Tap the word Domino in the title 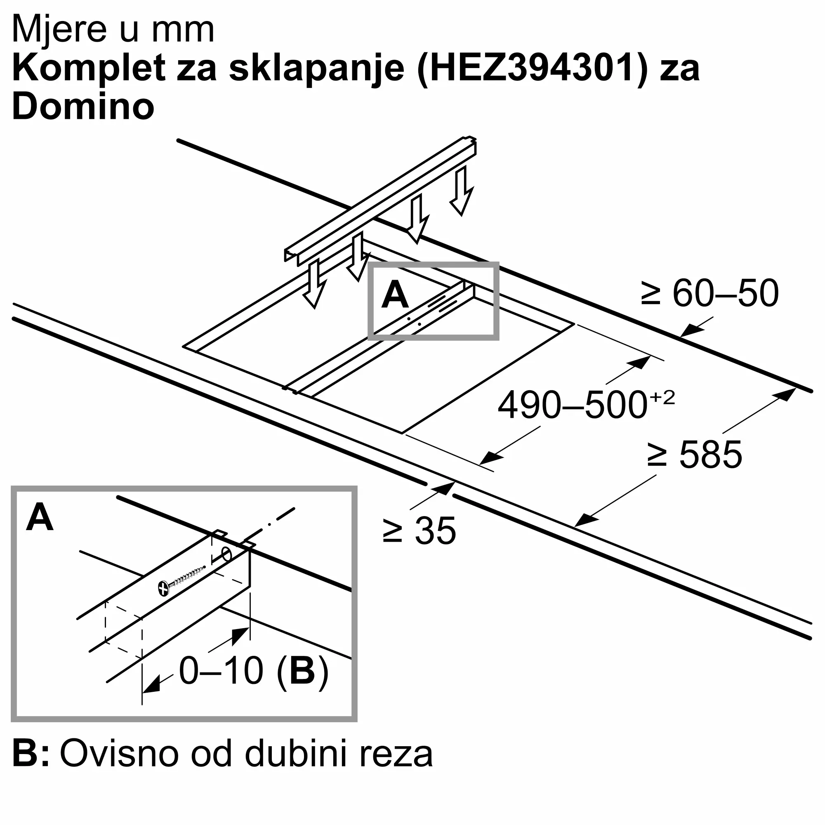(83, 107)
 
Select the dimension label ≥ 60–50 (709, 293)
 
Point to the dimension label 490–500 (572, 405)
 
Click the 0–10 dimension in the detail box (221, 671)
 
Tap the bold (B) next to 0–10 (303, 671)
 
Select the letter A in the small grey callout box (395, 295)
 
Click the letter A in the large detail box (40, 518)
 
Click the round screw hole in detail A (227, 555)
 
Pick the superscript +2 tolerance (662, 398)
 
